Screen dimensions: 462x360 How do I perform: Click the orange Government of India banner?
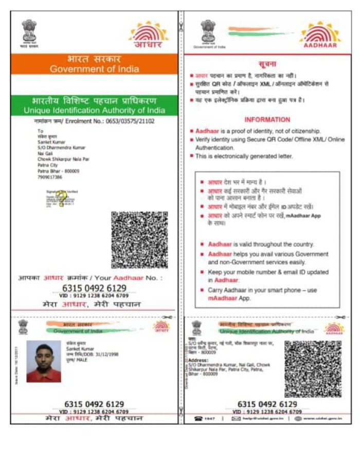[94, 64]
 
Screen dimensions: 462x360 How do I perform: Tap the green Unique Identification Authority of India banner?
[94, 105]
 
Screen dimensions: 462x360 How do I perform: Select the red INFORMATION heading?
[267, 119]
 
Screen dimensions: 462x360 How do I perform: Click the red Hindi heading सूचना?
[267, 64]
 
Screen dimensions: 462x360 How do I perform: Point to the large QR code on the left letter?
[139, 239]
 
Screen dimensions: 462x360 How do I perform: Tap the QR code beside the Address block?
[313, 368]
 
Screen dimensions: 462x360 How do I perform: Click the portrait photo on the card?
[44, 361]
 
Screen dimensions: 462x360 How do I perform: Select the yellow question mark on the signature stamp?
[62, 197]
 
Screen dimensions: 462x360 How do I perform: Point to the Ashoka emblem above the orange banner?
[30, 32]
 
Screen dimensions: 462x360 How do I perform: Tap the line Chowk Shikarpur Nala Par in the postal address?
[63, 159]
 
